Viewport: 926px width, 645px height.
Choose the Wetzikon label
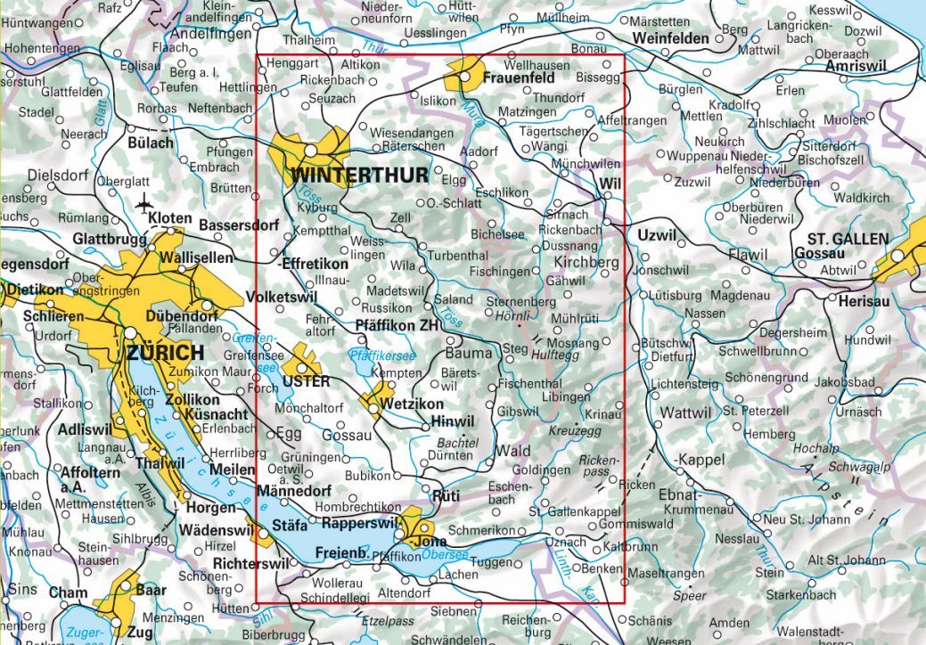click(x=413, y=404)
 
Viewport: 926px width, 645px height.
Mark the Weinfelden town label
click(x=671, y=39)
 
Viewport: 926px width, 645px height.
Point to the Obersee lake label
click(x=445, y=555)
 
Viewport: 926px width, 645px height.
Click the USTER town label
click(x=306, y=382)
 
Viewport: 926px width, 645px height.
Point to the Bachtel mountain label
click(x=458, y=442)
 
